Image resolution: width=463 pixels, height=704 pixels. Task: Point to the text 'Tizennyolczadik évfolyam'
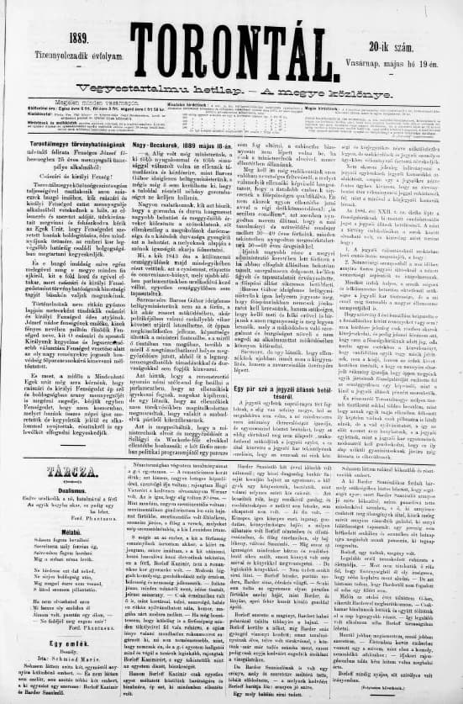click(80, 56)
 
